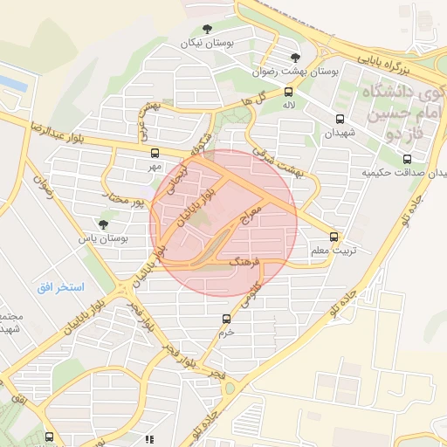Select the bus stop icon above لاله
288,91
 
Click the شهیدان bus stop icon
339,120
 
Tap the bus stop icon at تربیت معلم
334,237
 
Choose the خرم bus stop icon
226,319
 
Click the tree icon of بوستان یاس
103,224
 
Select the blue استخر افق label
60,286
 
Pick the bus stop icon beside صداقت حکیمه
407,158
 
